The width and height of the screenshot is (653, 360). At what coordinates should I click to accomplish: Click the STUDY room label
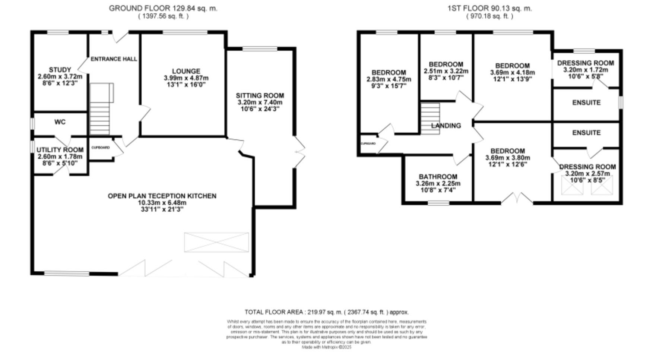[60, 70]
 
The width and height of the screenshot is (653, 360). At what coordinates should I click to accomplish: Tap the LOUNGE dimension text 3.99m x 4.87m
[186, 78]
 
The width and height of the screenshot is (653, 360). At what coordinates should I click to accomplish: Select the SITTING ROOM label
[260, 95]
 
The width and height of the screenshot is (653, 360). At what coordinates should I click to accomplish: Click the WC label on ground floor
[60, 122]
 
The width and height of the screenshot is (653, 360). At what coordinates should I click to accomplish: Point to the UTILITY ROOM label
[60, 150]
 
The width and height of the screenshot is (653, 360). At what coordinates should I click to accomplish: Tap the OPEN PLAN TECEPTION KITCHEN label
[162, 196]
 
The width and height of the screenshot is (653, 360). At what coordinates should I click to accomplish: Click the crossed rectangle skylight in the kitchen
[216, 242]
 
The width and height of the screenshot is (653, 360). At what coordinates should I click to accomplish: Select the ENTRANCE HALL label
[114, 59]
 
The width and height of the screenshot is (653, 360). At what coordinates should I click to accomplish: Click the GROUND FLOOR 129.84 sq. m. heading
[163, 8]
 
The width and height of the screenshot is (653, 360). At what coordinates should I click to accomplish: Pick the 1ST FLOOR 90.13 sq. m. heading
[489, 8]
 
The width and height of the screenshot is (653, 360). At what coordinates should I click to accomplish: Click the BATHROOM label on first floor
[438, 177]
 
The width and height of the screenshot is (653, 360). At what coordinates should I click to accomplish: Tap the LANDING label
[446, 126]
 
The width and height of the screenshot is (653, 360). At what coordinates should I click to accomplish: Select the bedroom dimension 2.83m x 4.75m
[389, 79]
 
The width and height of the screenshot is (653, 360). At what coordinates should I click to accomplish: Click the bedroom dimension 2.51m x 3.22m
[446, 71]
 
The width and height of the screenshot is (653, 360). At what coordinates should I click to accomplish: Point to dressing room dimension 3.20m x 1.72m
[585, 70]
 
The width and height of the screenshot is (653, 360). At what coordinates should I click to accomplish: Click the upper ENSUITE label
[586, 102]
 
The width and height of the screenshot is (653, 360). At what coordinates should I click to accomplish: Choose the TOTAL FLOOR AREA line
[326, 312]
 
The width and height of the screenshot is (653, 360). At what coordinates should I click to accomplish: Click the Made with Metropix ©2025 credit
[326, 347]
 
